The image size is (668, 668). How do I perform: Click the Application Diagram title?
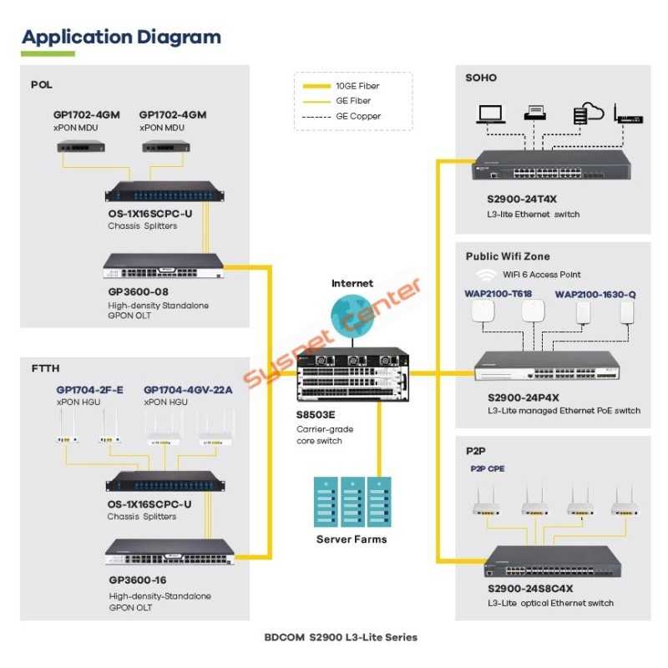click(x=121, y=38)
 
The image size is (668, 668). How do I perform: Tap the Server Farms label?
click(x=352, y=539)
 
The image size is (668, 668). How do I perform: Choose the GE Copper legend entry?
click(x=357, y=116)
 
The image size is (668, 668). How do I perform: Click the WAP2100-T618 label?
click(x=498, y=294)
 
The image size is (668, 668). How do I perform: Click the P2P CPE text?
click(x=486, y=469)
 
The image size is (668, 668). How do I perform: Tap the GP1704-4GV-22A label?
click(x=188, y=390)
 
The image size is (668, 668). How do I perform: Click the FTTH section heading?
click(x=45, y=368)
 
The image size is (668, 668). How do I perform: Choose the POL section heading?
click(x=42, y=84)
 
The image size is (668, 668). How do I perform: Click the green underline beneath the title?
click(x=48, y=54)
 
